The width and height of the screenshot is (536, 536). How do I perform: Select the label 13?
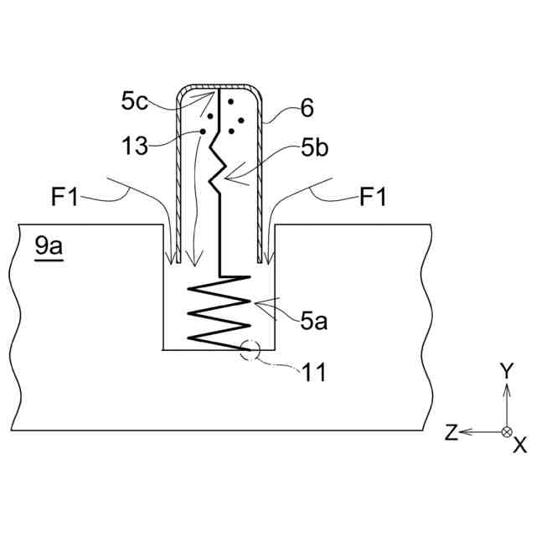134,146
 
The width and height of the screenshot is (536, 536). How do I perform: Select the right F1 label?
374,198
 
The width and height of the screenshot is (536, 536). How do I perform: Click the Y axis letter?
505,370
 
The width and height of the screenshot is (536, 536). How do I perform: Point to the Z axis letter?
451,433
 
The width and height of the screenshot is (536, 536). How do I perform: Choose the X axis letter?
520,444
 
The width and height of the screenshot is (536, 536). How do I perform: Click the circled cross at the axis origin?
506,431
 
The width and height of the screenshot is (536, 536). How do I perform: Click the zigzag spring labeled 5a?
219,314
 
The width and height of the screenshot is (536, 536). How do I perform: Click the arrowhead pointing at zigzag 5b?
229,178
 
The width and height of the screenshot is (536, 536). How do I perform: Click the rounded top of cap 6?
219,86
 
